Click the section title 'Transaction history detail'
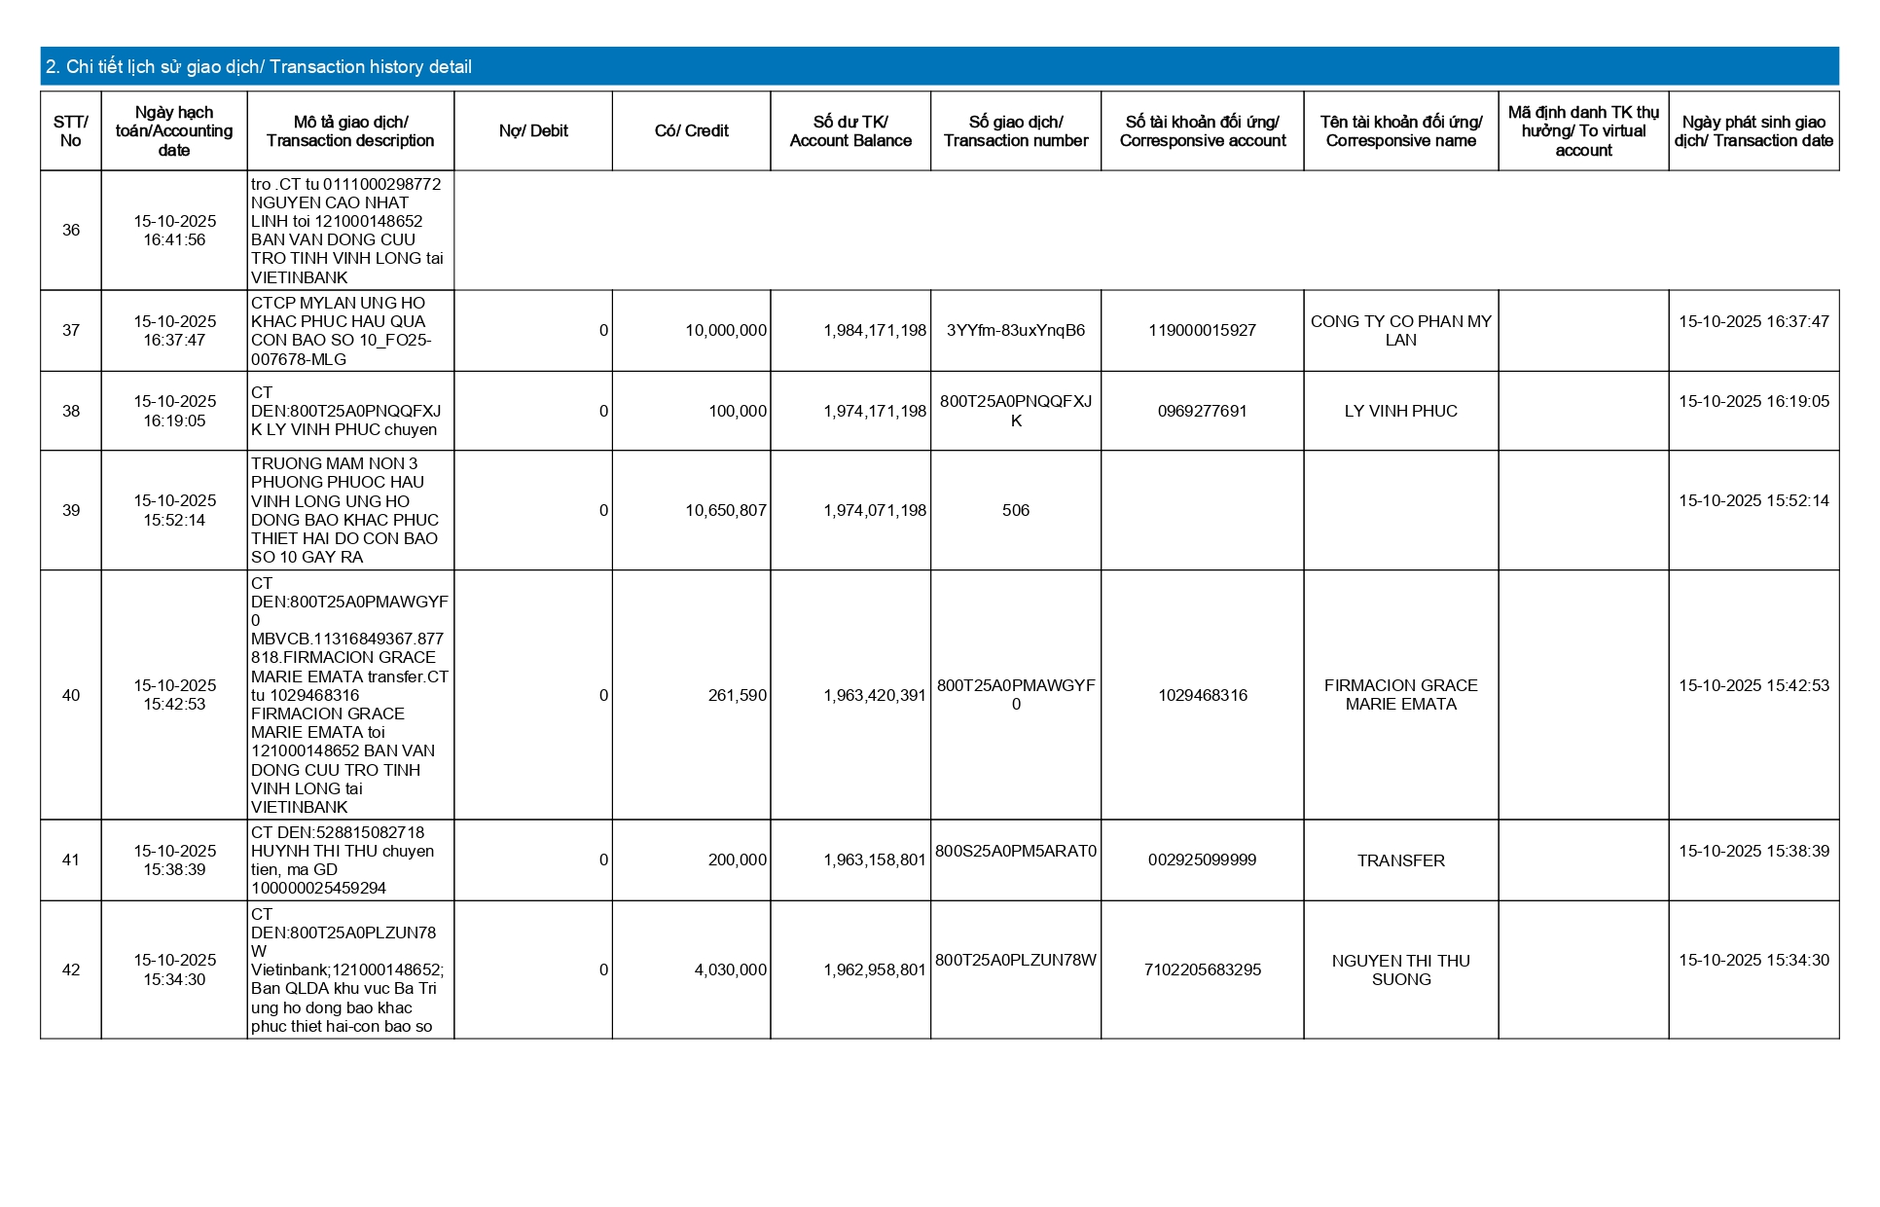(x=259, y=67)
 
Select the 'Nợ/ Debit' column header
(x=533, y=131)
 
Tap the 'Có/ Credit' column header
(x=691, y=131)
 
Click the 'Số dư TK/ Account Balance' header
(x=850, y=131)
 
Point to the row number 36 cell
(x=71, y=231)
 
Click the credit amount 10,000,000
(x=726, y=331)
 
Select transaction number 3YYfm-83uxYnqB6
(x=1015, y=331)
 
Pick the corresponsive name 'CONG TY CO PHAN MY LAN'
(x=1400, y=331)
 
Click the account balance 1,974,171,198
(x=875, y=412)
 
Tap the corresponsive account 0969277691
(x=1202, y=412)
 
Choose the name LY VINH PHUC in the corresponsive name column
(x=1400, y=412)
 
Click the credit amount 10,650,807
(x=726, y=511)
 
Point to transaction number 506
(x=1015, y=511)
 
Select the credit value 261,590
(x=738, y=696)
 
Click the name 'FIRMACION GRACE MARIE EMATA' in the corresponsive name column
(x=1400, y=695)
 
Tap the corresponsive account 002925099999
(x=1202, y=860)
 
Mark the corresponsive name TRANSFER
(x=1400, y=860)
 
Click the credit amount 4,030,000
(x=730, y=970)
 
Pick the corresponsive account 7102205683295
(x=1202, y=970)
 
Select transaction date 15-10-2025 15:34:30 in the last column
(x=1753, y=961)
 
